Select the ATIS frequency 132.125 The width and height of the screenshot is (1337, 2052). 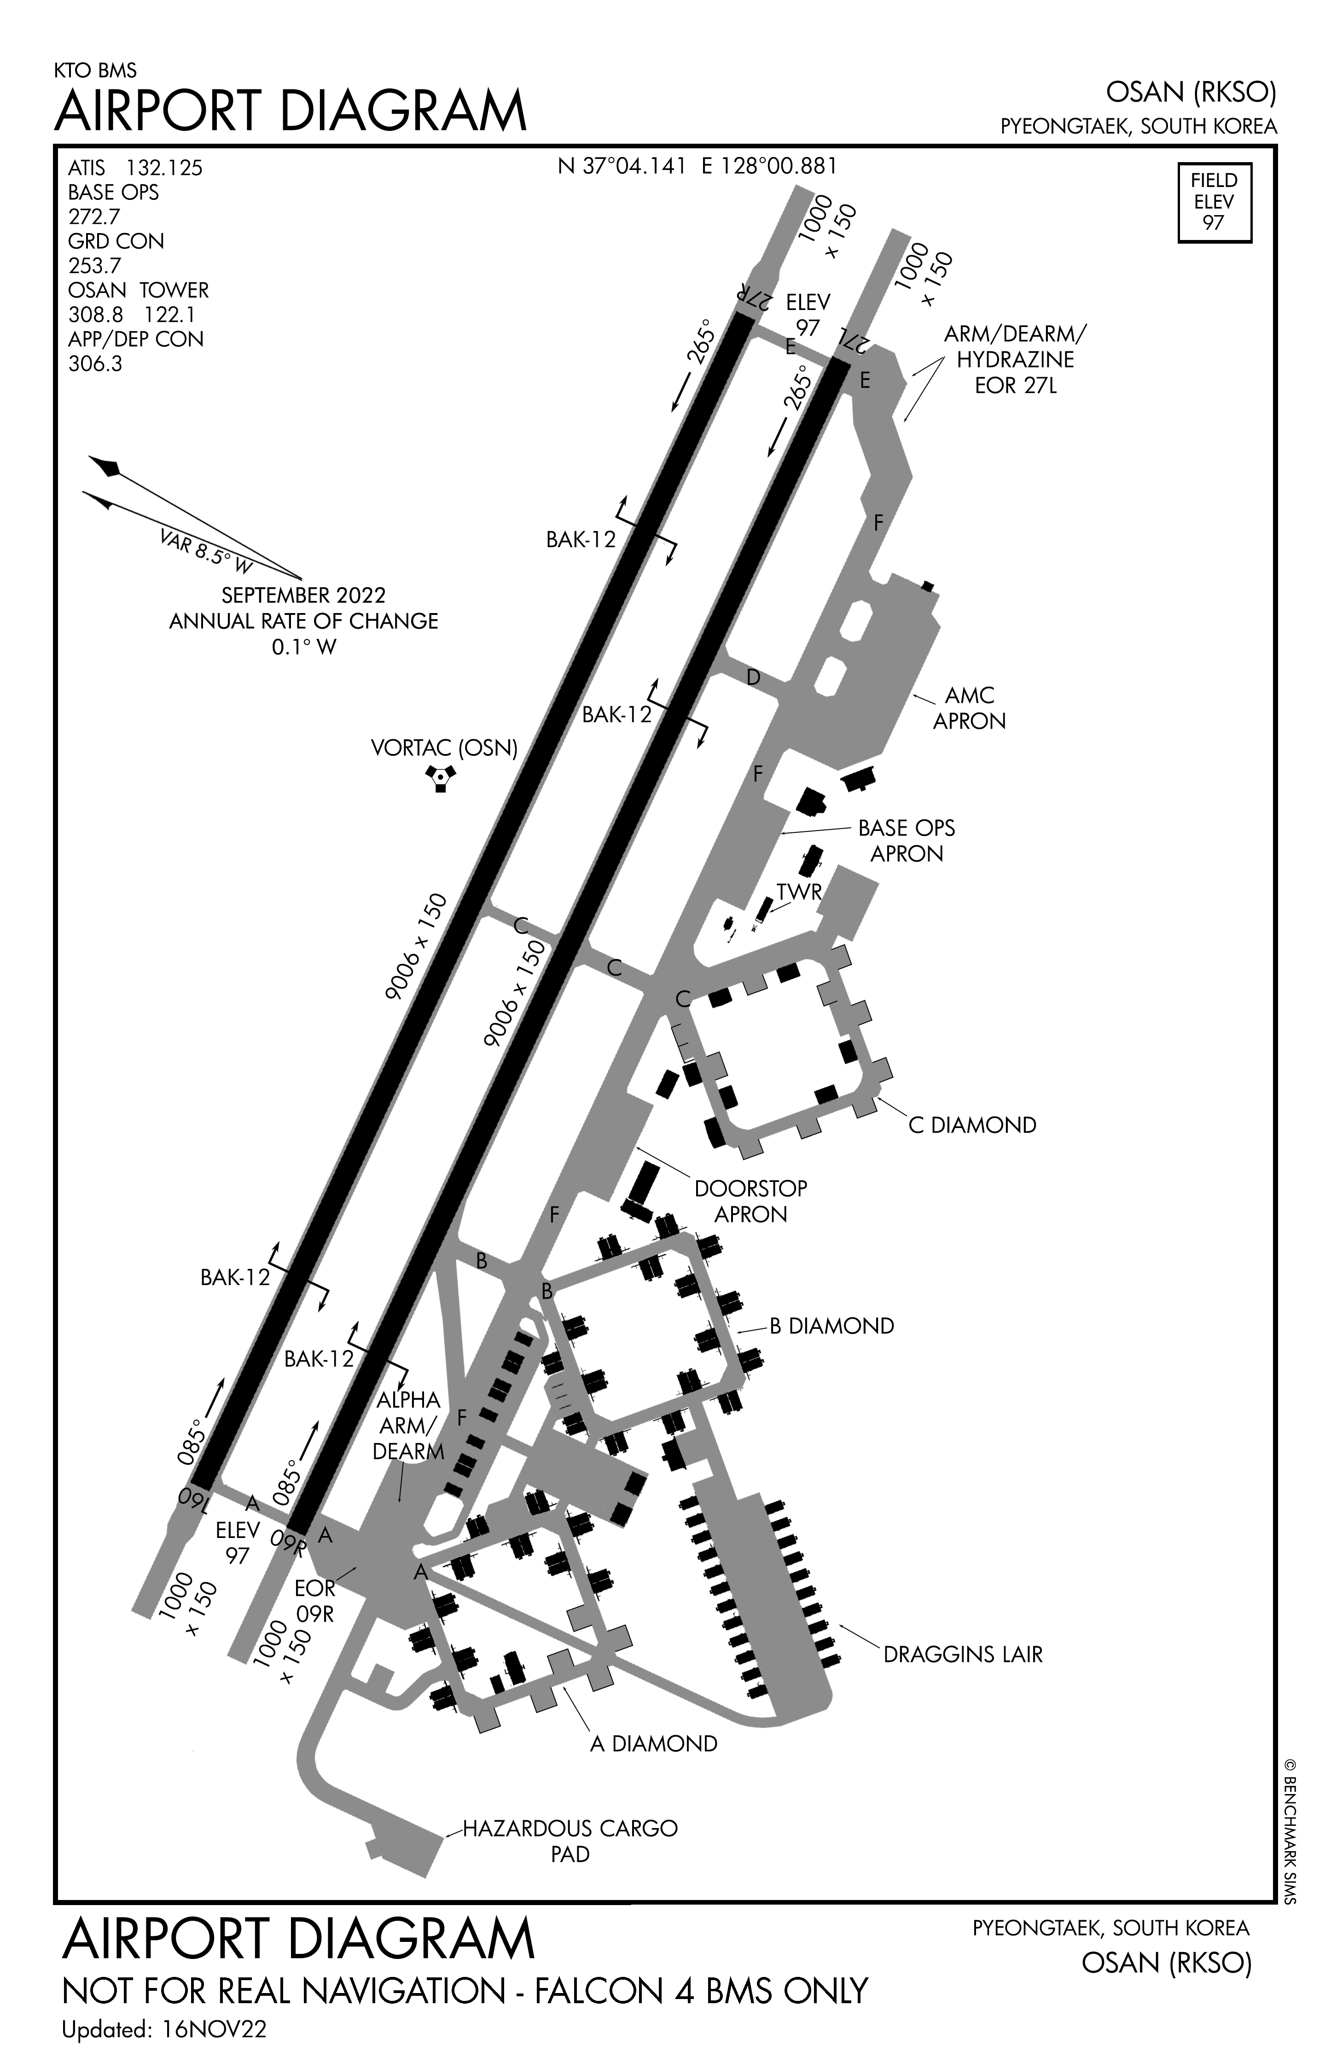point(164,168)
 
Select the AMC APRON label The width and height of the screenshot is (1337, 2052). point(970,708)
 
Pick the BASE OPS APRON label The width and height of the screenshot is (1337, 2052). point(907,841)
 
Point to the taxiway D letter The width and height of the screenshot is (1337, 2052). point(753,678)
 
